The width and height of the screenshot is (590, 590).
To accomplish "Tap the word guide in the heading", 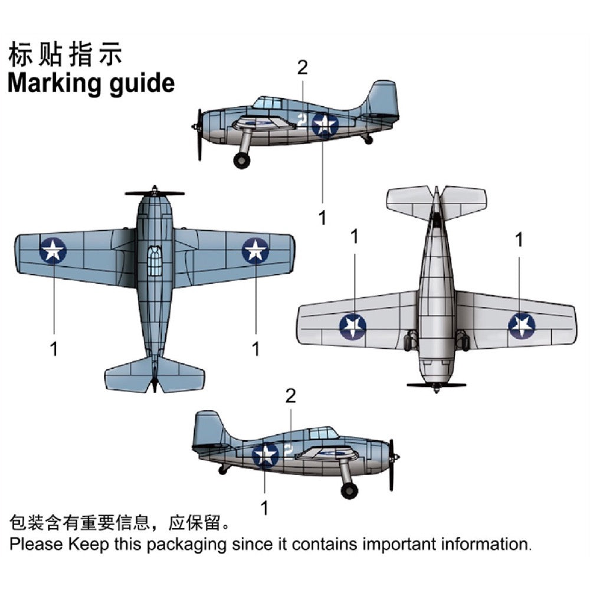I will pos(142,84).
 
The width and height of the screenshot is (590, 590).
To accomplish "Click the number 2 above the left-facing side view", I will pos(302,68).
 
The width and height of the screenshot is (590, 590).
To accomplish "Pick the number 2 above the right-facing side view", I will pos(290,396).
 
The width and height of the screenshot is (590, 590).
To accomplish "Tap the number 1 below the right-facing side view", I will pos(264,507).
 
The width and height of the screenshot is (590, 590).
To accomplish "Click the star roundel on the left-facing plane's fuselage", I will pos(324,124).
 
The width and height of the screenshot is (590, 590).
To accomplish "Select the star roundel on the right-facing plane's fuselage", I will pos(265,455).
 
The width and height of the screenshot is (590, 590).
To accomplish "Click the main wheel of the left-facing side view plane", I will pos(241,160).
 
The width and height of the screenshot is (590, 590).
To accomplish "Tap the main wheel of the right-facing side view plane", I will pos(349,490).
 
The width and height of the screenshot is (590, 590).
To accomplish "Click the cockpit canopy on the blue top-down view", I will pos(154,260).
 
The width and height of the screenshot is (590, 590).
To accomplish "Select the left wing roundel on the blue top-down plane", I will pos(53,250).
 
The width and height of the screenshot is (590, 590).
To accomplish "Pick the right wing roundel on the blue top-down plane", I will pos(255,250).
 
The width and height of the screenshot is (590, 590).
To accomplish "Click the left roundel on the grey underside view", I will pos(353,326).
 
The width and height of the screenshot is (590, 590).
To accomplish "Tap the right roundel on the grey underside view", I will pos(522,326).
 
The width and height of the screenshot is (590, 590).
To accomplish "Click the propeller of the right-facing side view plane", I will pos(392,464).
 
